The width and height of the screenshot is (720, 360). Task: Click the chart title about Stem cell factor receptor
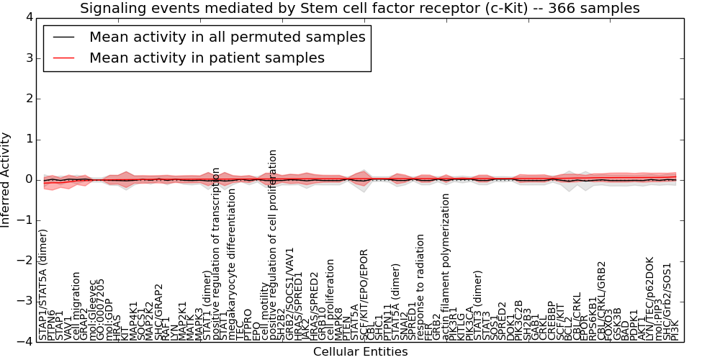point(359,8)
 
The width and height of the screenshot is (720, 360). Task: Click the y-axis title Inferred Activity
point(6,179)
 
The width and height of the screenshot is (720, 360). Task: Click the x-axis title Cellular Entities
point(360,352)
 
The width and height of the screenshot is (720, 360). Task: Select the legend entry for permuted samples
point(227,37)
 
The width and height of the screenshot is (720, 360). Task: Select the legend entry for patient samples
point(207,58)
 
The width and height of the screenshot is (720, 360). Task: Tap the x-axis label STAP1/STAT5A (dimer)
point(44,284)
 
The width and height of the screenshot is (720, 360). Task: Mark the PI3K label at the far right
point(675,328)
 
